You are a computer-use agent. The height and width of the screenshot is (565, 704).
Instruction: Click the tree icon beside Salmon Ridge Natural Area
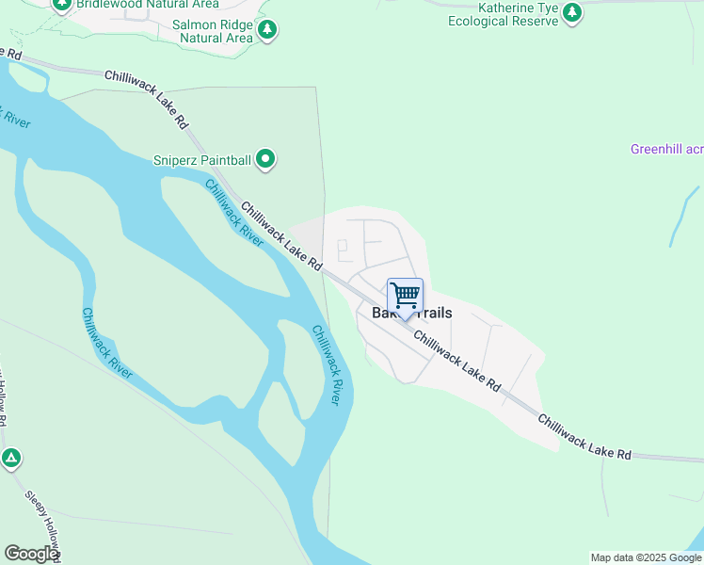[268, 31]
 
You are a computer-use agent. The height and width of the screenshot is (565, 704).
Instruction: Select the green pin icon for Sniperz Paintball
[265, 159]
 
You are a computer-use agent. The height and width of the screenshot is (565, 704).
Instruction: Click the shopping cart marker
[405, 296]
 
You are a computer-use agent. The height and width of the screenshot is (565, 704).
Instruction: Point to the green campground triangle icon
[10, 459]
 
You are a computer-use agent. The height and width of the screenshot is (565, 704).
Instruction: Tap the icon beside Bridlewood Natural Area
[62, 3]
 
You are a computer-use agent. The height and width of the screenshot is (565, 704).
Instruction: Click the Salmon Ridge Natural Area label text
[212, 31]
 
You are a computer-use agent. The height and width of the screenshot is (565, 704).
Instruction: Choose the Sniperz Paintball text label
[202, 160]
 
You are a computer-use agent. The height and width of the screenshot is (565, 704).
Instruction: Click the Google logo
[31, 554]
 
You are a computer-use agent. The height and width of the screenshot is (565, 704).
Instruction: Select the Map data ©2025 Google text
[647, 557]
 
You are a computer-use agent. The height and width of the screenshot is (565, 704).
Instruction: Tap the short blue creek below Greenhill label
[683, 217]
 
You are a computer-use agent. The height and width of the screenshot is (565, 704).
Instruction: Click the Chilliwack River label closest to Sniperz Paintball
[233, 211]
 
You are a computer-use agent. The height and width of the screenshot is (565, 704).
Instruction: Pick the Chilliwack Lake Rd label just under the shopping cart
[456, 362]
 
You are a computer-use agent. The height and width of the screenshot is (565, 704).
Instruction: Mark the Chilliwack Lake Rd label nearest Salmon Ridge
[146, 99]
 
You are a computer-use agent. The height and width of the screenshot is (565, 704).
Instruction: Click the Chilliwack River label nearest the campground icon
[106, 343]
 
